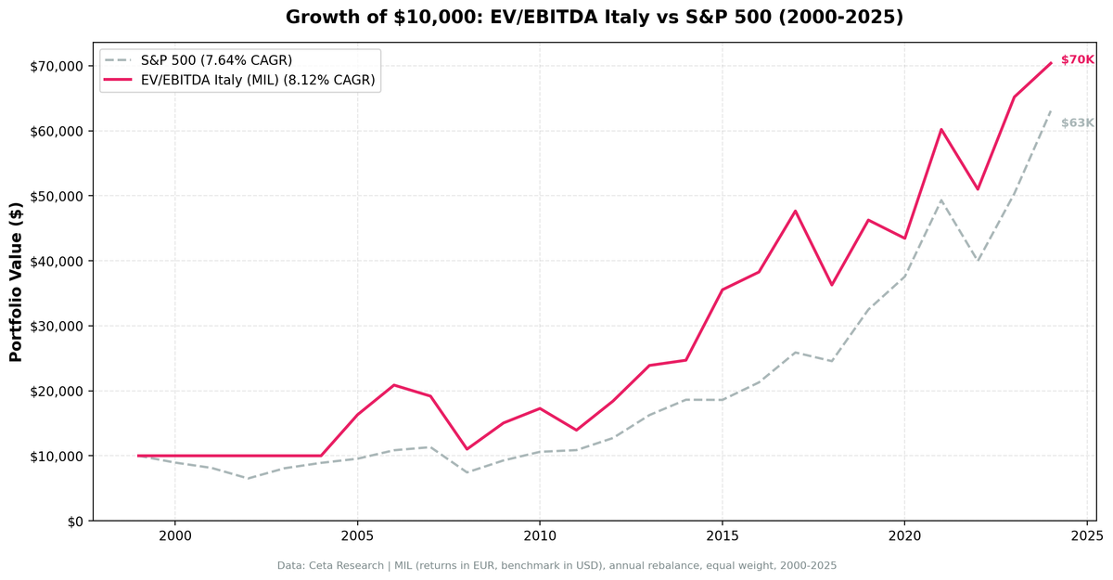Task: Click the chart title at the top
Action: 594,18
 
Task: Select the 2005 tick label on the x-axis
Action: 357,535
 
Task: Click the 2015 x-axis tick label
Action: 722,535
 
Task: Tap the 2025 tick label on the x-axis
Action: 1086,535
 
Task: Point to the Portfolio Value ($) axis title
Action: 16,281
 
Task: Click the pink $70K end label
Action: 1077,60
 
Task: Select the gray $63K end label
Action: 1077,123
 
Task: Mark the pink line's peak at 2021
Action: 940,129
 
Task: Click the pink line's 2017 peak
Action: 795,211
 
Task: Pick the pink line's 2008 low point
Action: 467,449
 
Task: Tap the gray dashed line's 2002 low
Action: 248,479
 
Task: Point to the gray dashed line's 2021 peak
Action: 940,200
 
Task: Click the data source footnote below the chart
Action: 556,565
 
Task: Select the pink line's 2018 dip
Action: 831,285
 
